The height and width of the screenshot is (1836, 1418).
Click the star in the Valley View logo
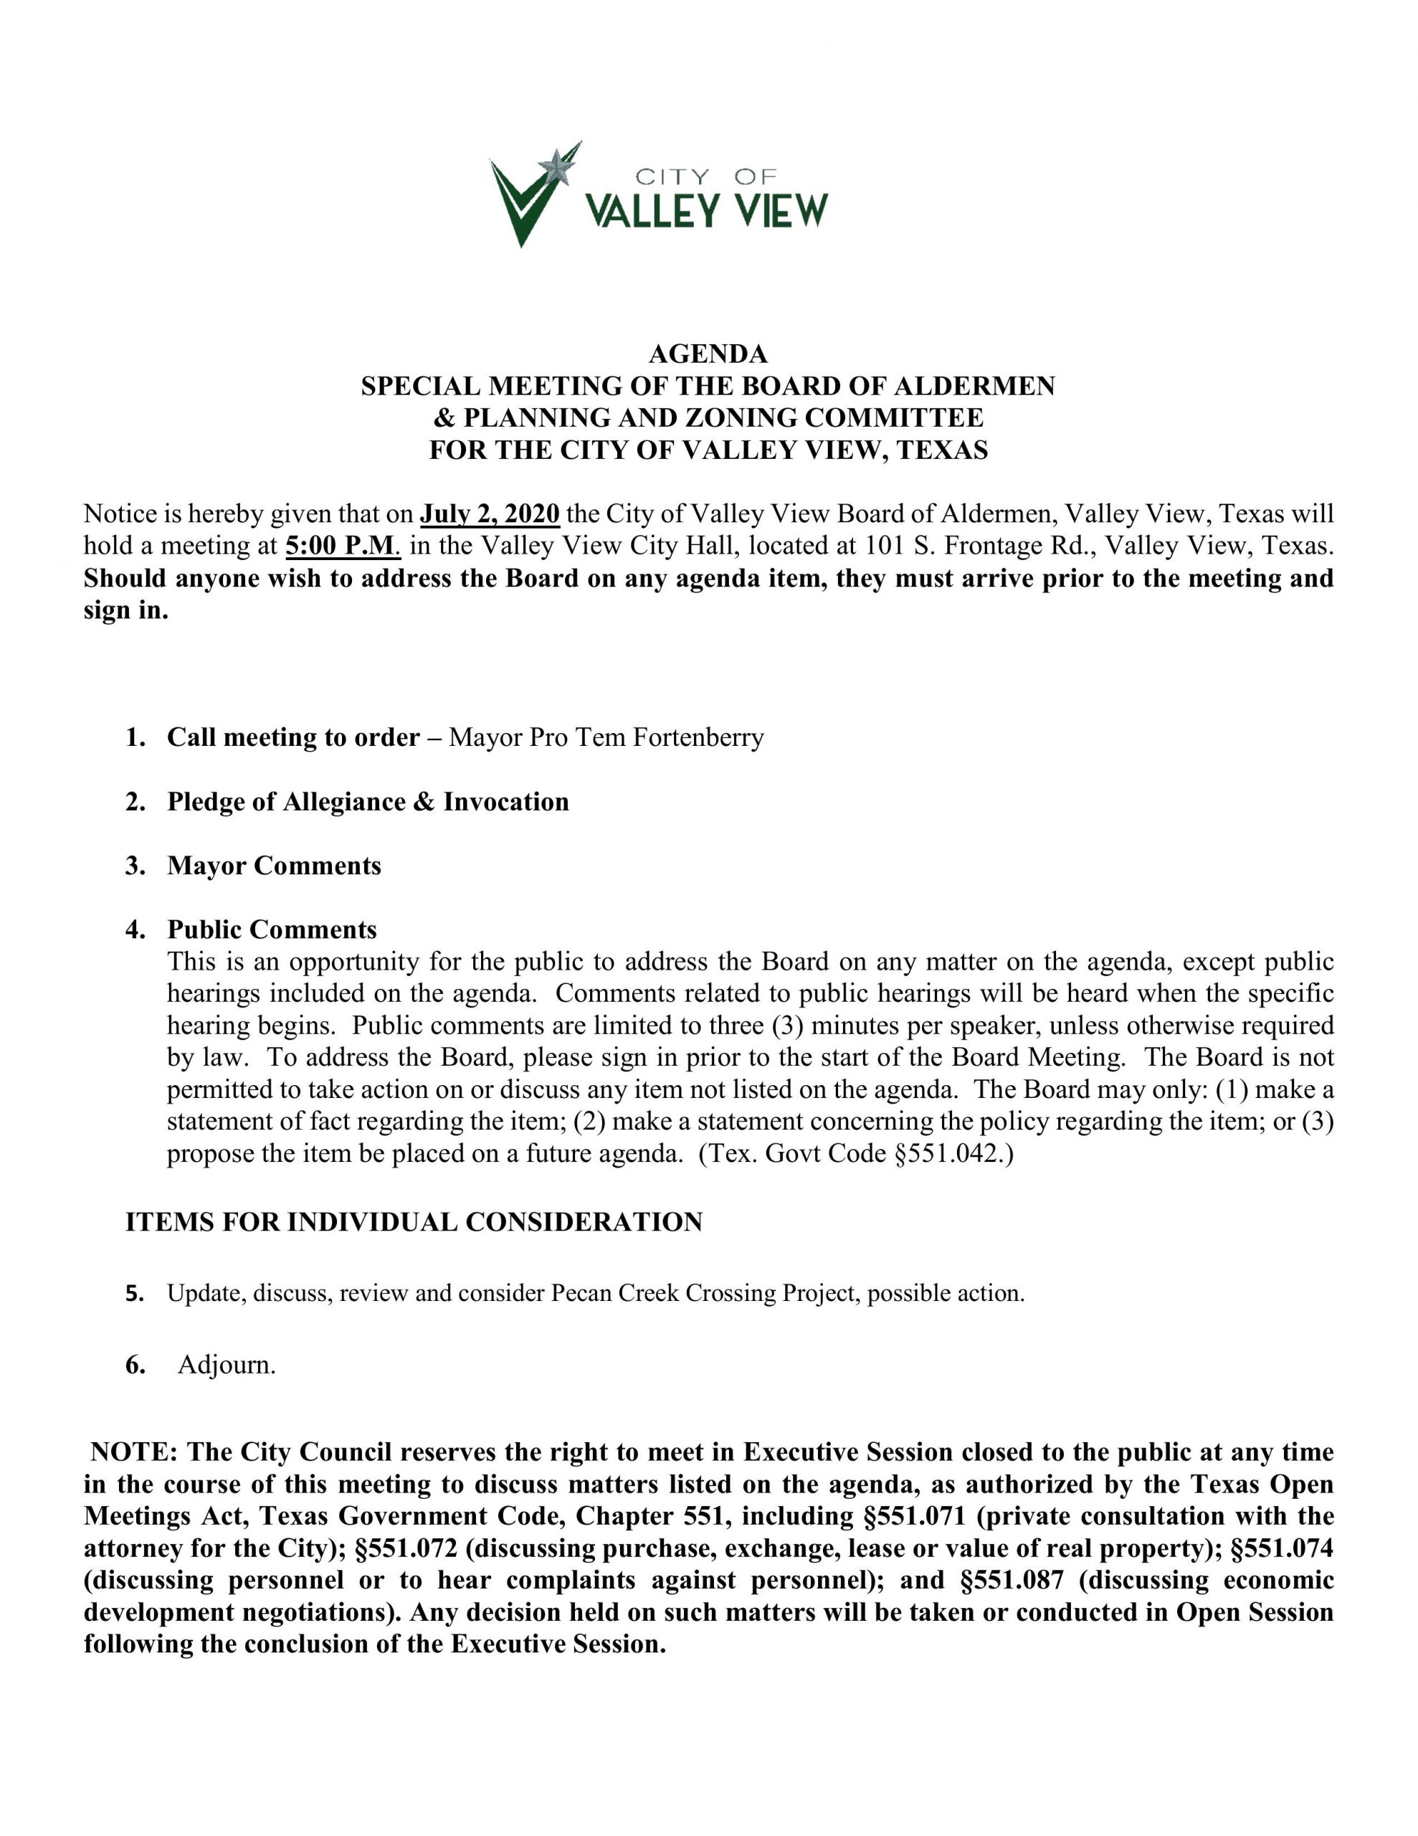(556, 166)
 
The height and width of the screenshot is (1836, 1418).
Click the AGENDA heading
(708, 353)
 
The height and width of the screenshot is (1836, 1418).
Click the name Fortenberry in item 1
(698, 737)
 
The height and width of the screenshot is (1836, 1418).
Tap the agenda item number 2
(135, 802)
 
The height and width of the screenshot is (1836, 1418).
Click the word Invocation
(506, 802)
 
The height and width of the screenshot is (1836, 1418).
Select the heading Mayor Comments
(274, 866)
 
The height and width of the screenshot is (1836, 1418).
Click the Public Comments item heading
(272, 929)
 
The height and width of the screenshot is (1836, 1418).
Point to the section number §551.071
(915, 1517)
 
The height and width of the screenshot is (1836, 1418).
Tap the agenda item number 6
(135, 1366)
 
